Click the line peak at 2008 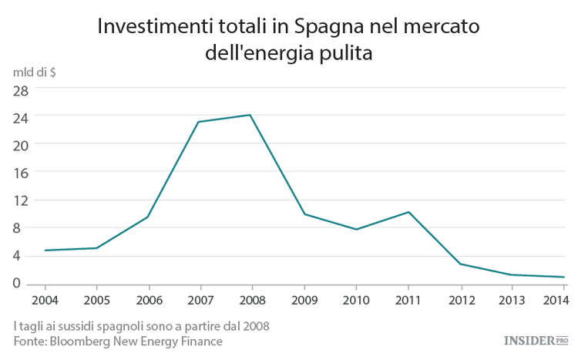point(250,115)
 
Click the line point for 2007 point(199,122)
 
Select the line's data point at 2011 point(408,212)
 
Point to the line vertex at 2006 point(147,217)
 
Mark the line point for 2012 point(461,264)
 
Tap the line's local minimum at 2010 point(356,230)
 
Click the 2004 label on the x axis point(44,299)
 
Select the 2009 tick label point(304,299)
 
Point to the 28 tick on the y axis point(21,89)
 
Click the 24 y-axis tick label point(21,116)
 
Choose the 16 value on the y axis point(21,173)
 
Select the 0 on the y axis point(25,284)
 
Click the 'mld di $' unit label point(35,72)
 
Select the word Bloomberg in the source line point(83,341)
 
